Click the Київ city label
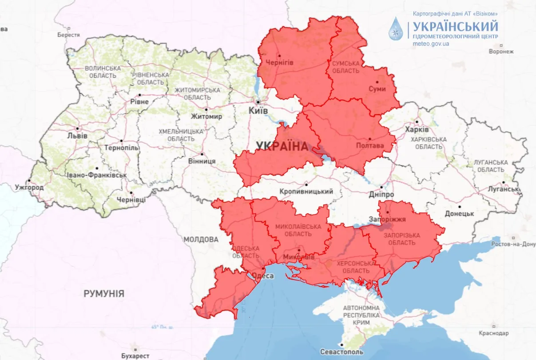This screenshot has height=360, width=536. point(258,111)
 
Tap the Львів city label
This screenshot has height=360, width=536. point(77,136)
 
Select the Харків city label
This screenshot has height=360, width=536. point(417,130)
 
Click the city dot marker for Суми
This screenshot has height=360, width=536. point(377,82)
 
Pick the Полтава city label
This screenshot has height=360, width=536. point(370,146)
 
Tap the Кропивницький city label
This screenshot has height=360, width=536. point(306,192)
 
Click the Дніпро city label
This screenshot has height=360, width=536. point(381,195)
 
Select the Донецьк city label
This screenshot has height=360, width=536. point(459,214)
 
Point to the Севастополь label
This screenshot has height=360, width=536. point(342,352)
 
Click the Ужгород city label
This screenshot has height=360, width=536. point(29,188)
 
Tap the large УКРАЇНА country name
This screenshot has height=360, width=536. point(282,146)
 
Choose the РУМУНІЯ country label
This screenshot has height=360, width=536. point(104,294)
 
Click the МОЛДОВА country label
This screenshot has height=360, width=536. point(201,240)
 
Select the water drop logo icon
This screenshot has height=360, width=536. point(395,28)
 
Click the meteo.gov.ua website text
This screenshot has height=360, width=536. point(431,44)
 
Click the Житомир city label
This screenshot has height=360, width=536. point(206,116)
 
